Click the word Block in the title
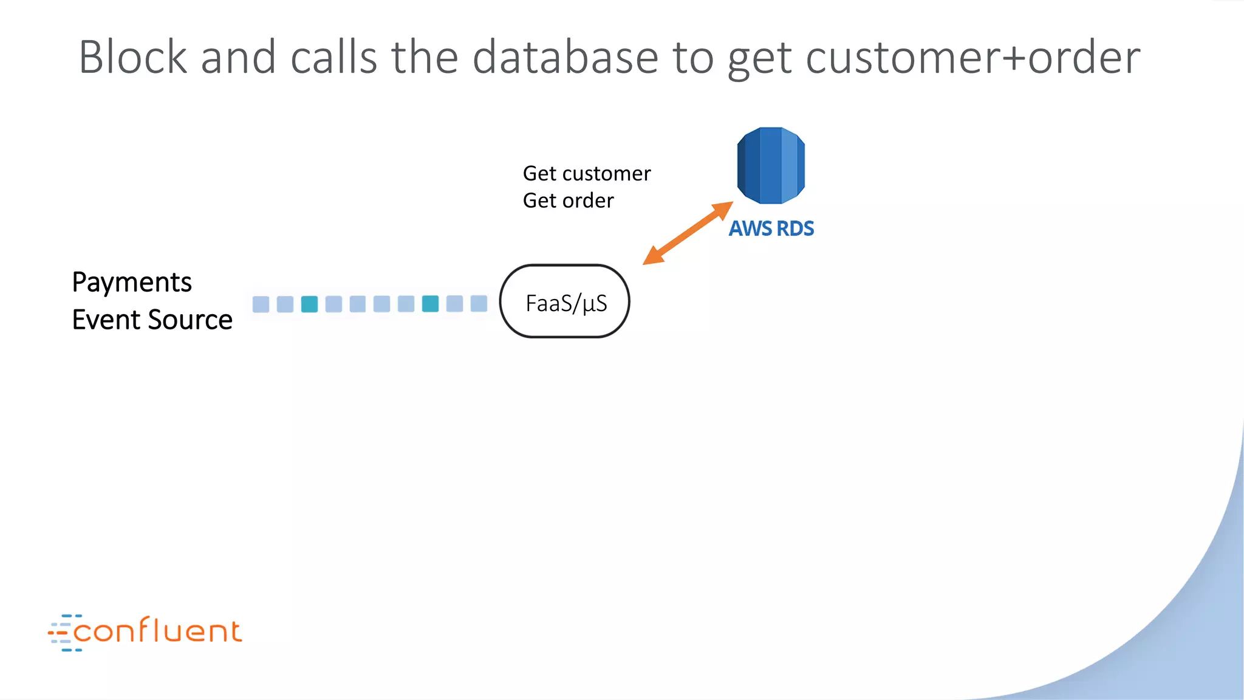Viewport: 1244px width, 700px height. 133,57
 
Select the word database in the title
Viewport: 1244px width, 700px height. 565,57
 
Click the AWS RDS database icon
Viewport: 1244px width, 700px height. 771,165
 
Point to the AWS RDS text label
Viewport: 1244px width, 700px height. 771,228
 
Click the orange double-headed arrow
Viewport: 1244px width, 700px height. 688,233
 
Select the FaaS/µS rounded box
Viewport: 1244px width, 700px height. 565,301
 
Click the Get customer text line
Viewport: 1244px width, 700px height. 586,174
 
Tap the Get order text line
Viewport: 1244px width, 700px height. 568,201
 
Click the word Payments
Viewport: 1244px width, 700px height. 132,283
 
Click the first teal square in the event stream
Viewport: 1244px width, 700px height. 309,304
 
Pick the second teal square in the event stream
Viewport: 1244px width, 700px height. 430,304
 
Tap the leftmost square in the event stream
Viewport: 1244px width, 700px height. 261,304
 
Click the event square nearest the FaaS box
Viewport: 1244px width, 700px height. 479,303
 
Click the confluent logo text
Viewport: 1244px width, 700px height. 157,631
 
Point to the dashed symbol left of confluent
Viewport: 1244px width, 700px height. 61,633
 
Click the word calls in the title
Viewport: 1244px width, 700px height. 334,57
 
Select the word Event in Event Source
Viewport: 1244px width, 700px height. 106,320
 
